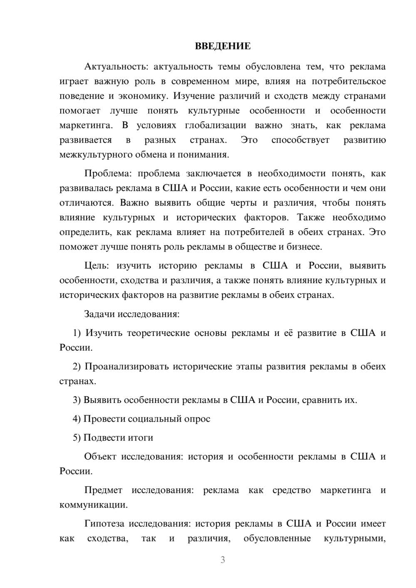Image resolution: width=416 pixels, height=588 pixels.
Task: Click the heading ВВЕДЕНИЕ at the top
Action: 223,46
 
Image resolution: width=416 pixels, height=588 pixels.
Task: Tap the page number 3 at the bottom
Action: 223,560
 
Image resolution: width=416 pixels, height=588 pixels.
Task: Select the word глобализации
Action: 215,125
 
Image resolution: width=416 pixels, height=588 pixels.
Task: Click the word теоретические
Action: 158,333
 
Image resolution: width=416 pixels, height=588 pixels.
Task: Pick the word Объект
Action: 100,457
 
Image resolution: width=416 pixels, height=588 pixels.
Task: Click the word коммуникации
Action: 93,505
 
